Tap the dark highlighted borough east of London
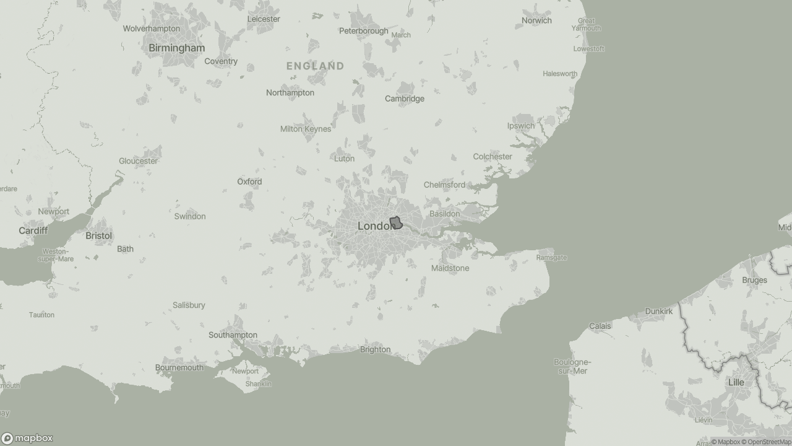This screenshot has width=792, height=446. click(396, 223)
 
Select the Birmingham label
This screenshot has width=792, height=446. click(177, 48)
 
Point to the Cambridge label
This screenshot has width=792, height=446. click(405, 98)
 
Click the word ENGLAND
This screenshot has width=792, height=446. click(315, 66)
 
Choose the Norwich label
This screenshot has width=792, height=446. click(536, 20)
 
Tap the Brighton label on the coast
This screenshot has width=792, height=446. click(375, 349)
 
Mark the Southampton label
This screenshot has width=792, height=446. click(233, 335)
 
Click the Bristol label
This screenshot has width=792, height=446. click(99, 236)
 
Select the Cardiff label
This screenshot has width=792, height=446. click(33, 230)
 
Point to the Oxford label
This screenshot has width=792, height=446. click(249, 181)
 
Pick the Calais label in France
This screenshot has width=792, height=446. click(600, 326)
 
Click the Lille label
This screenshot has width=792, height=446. click(736, 382)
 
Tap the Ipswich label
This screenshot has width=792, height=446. click(521, 126)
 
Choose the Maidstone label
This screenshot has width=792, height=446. click(450, 268)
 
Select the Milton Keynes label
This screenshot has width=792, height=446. click(306, 129)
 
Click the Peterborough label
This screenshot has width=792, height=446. click(364, 31)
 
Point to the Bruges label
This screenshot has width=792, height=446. click(754, 280)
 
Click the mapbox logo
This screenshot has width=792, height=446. click(27, 439)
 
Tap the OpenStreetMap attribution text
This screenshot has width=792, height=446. click(769, 442)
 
